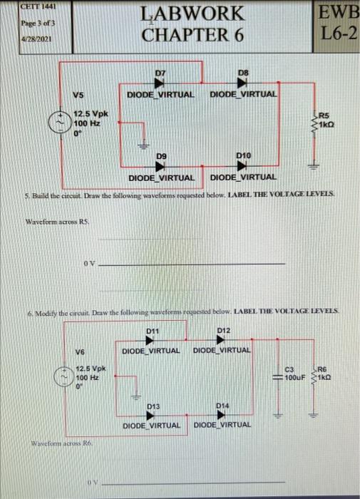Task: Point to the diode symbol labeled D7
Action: (x=161, y=83)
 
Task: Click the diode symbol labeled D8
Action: (x=243, y=83)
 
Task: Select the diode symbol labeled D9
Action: (x=160, y=163)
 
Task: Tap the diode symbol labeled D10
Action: (x=242, y=163)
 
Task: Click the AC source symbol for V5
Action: (x=63, y=123)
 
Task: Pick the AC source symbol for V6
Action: (x=63, y=376)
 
